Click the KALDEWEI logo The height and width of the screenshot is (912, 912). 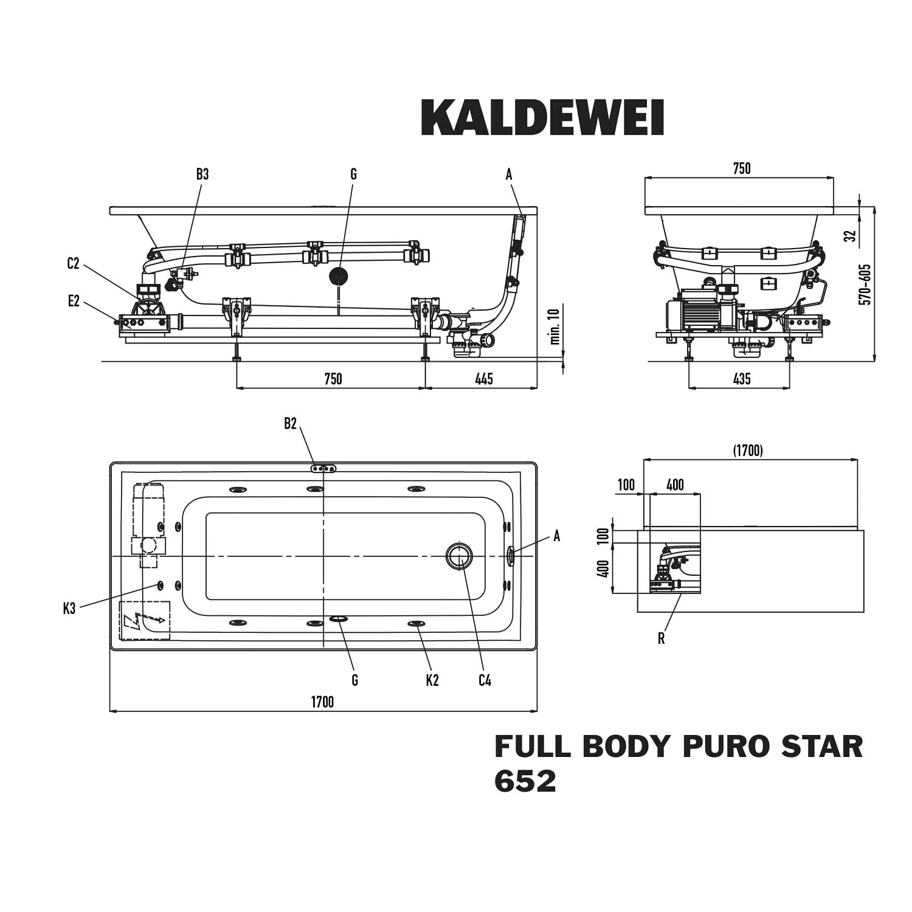tap(542, 117)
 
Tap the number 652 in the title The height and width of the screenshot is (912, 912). tap(525, 781)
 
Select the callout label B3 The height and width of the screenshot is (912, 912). tap(202, 174)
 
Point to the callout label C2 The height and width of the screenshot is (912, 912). tap(73, 264)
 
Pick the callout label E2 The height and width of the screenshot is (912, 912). tap(74, 301)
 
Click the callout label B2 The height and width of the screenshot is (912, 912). tap(290, 424)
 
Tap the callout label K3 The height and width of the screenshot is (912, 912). tap(69, 608)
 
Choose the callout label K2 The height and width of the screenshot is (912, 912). tap(432, 680)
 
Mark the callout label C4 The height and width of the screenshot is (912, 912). tap(485, 680)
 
